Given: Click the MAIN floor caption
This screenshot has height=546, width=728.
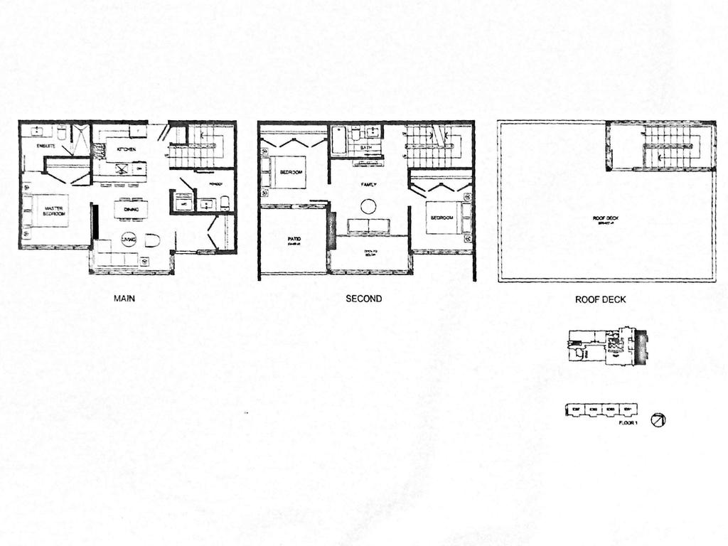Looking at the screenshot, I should (124, 299).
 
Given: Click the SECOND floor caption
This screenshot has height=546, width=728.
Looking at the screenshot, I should (364, 299).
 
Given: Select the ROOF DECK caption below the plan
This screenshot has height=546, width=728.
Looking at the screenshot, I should (601, 300).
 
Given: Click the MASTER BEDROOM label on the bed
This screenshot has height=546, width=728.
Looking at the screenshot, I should (50, 211).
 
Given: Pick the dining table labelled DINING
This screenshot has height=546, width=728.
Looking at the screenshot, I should (131, 209).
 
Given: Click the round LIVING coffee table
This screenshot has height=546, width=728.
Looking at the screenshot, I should (129, 240).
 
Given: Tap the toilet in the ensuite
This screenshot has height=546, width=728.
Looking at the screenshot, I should (62, 132).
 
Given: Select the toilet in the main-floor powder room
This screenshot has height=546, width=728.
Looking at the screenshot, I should (225, 204).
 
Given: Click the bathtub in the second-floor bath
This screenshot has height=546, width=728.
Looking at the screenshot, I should (338, 139).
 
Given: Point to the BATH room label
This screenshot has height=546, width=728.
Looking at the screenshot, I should (366, 148).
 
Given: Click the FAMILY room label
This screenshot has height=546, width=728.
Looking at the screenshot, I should (368, 183).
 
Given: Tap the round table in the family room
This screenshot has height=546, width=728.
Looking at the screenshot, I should (369, 206).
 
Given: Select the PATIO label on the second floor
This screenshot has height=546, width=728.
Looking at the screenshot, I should (292, 240).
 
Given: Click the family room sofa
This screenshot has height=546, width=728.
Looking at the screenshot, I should (368, 226).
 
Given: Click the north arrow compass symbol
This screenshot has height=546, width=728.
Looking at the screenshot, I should (659, 420).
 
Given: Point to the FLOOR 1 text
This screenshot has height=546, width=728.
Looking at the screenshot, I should (626, 424).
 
